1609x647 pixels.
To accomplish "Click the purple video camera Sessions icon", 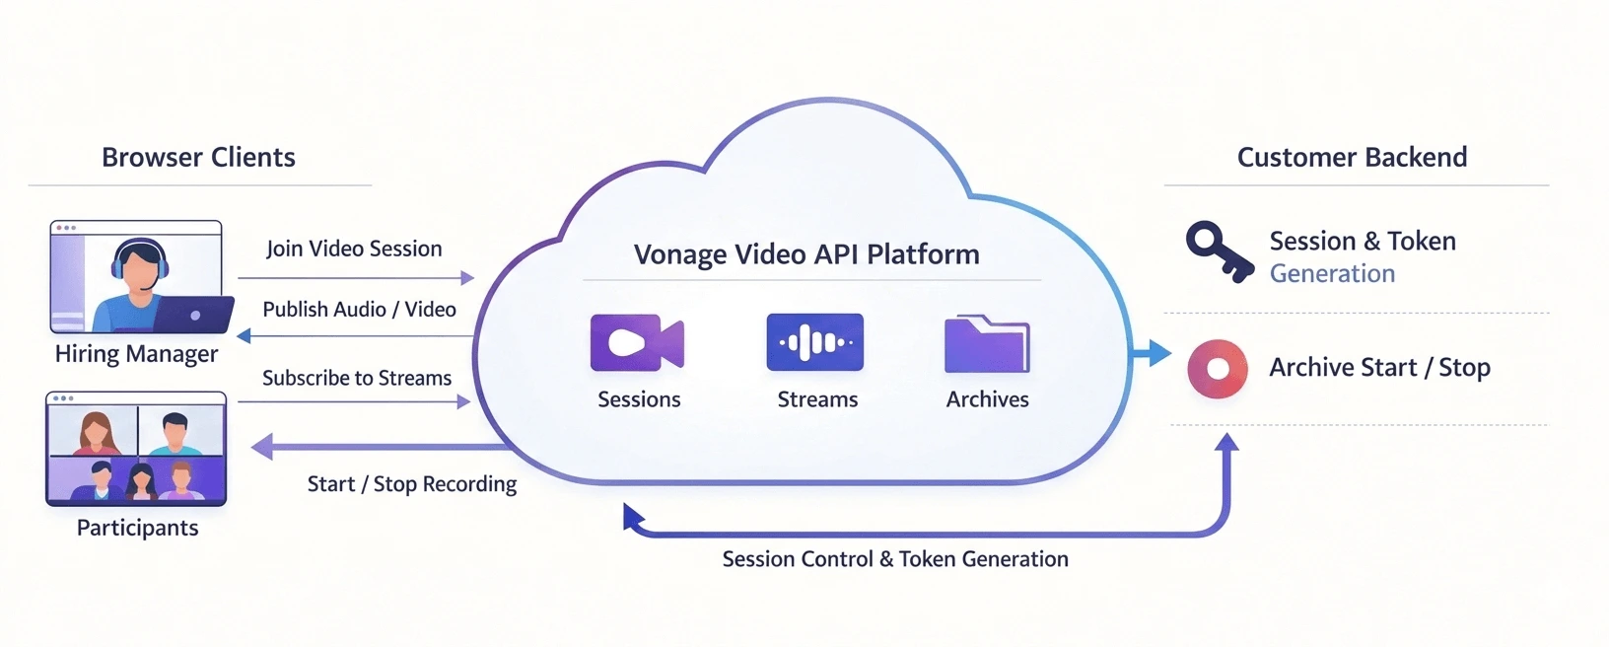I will click(x=637, y=342).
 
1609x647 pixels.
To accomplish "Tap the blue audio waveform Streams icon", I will click(x=814, y=342).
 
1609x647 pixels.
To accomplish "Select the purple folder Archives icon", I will click(x=986, y=344).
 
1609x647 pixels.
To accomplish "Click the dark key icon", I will click(x=1218, y=252).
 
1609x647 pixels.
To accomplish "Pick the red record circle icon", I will click(x=1218, y=369).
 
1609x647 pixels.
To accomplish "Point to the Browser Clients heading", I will click(x=198, y=158).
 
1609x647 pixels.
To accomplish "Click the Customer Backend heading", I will click(x=1352, y=158).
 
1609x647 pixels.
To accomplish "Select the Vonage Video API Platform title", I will click(x=806, y=254).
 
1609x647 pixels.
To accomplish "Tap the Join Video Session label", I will click(x=354, y=250).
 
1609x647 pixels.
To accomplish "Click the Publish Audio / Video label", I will click(x=359, y=310).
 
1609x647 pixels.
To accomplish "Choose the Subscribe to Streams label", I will click(x=357, y=379).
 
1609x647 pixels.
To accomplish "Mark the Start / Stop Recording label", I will click(x=412, y=484).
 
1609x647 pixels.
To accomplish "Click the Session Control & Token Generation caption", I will click(x=895, y=559).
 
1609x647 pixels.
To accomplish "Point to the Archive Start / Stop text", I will click(x=1379, y=368).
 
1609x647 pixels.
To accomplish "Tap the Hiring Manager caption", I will click(x=136, y=354).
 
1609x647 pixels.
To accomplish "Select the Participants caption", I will click(x=137, y=528).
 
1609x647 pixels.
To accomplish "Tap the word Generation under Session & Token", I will click(x=1332, y=274).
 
